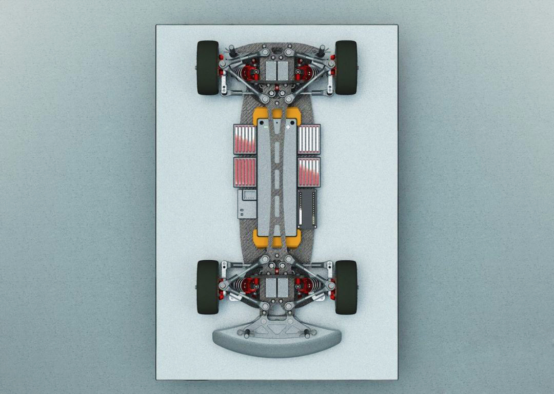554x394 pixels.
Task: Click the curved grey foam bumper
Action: click(x=277, y=344)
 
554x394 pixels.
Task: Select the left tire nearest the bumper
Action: click(x=208, y=287)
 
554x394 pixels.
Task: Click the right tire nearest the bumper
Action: click(x=346, y=287)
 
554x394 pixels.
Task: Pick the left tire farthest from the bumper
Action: click(x=208, y=67)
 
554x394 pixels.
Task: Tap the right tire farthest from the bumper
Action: click(x=346, y=67)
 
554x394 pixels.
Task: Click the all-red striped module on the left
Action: click(x=245, y=172)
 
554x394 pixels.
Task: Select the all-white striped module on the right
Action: click(x=309, y=139)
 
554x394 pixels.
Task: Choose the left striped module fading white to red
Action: click(x=245, y=139)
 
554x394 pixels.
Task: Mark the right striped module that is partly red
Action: click(x=309, y=172)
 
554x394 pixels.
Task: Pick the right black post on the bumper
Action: click(x=307, y=335)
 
